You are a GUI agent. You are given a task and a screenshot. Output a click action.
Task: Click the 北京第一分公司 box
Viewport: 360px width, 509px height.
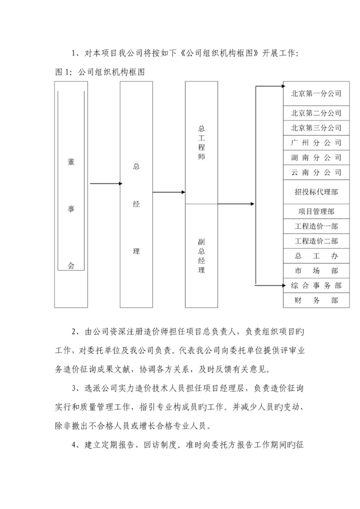point(316,93)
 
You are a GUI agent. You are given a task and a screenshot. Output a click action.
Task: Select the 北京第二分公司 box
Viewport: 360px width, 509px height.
point(316,113)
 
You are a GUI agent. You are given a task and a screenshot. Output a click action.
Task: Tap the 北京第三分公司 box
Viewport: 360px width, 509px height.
point(316,128)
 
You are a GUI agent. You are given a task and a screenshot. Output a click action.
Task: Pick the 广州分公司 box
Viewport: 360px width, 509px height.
point(316,142)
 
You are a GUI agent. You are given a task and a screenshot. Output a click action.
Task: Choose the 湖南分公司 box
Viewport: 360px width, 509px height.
point(316,157)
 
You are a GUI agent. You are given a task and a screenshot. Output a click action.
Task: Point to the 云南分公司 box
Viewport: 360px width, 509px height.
point(316,172)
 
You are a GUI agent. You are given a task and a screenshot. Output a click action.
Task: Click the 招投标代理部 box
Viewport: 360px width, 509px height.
point(316,192)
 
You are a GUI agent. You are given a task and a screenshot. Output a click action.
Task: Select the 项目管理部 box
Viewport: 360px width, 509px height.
point(316,211)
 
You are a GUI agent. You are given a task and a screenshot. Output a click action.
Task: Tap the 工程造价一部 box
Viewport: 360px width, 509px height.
point(316,226)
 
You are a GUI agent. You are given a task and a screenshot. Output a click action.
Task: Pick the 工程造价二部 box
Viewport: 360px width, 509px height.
point(316,241)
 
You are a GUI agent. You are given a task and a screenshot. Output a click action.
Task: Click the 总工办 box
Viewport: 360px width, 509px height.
point(316,256)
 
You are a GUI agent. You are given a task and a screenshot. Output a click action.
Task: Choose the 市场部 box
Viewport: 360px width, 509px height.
point(316,270)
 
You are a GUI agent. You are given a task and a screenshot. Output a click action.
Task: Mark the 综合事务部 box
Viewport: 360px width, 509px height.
point(316,285)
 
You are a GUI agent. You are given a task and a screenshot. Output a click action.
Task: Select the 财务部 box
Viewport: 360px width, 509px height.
point(316,300)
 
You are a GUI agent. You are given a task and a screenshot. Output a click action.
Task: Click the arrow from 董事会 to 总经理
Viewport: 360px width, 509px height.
point(106,183)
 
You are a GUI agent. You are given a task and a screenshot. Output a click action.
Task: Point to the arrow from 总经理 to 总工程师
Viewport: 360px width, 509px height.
point(169,192)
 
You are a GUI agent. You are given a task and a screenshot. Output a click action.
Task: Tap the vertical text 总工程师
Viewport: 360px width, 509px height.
point(201,142)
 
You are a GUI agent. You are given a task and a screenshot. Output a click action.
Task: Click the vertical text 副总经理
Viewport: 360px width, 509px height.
point(201,256)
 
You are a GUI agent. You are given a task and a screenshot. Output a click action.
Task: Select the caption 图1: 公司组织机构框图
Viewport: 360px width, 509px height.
point(99,72)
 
